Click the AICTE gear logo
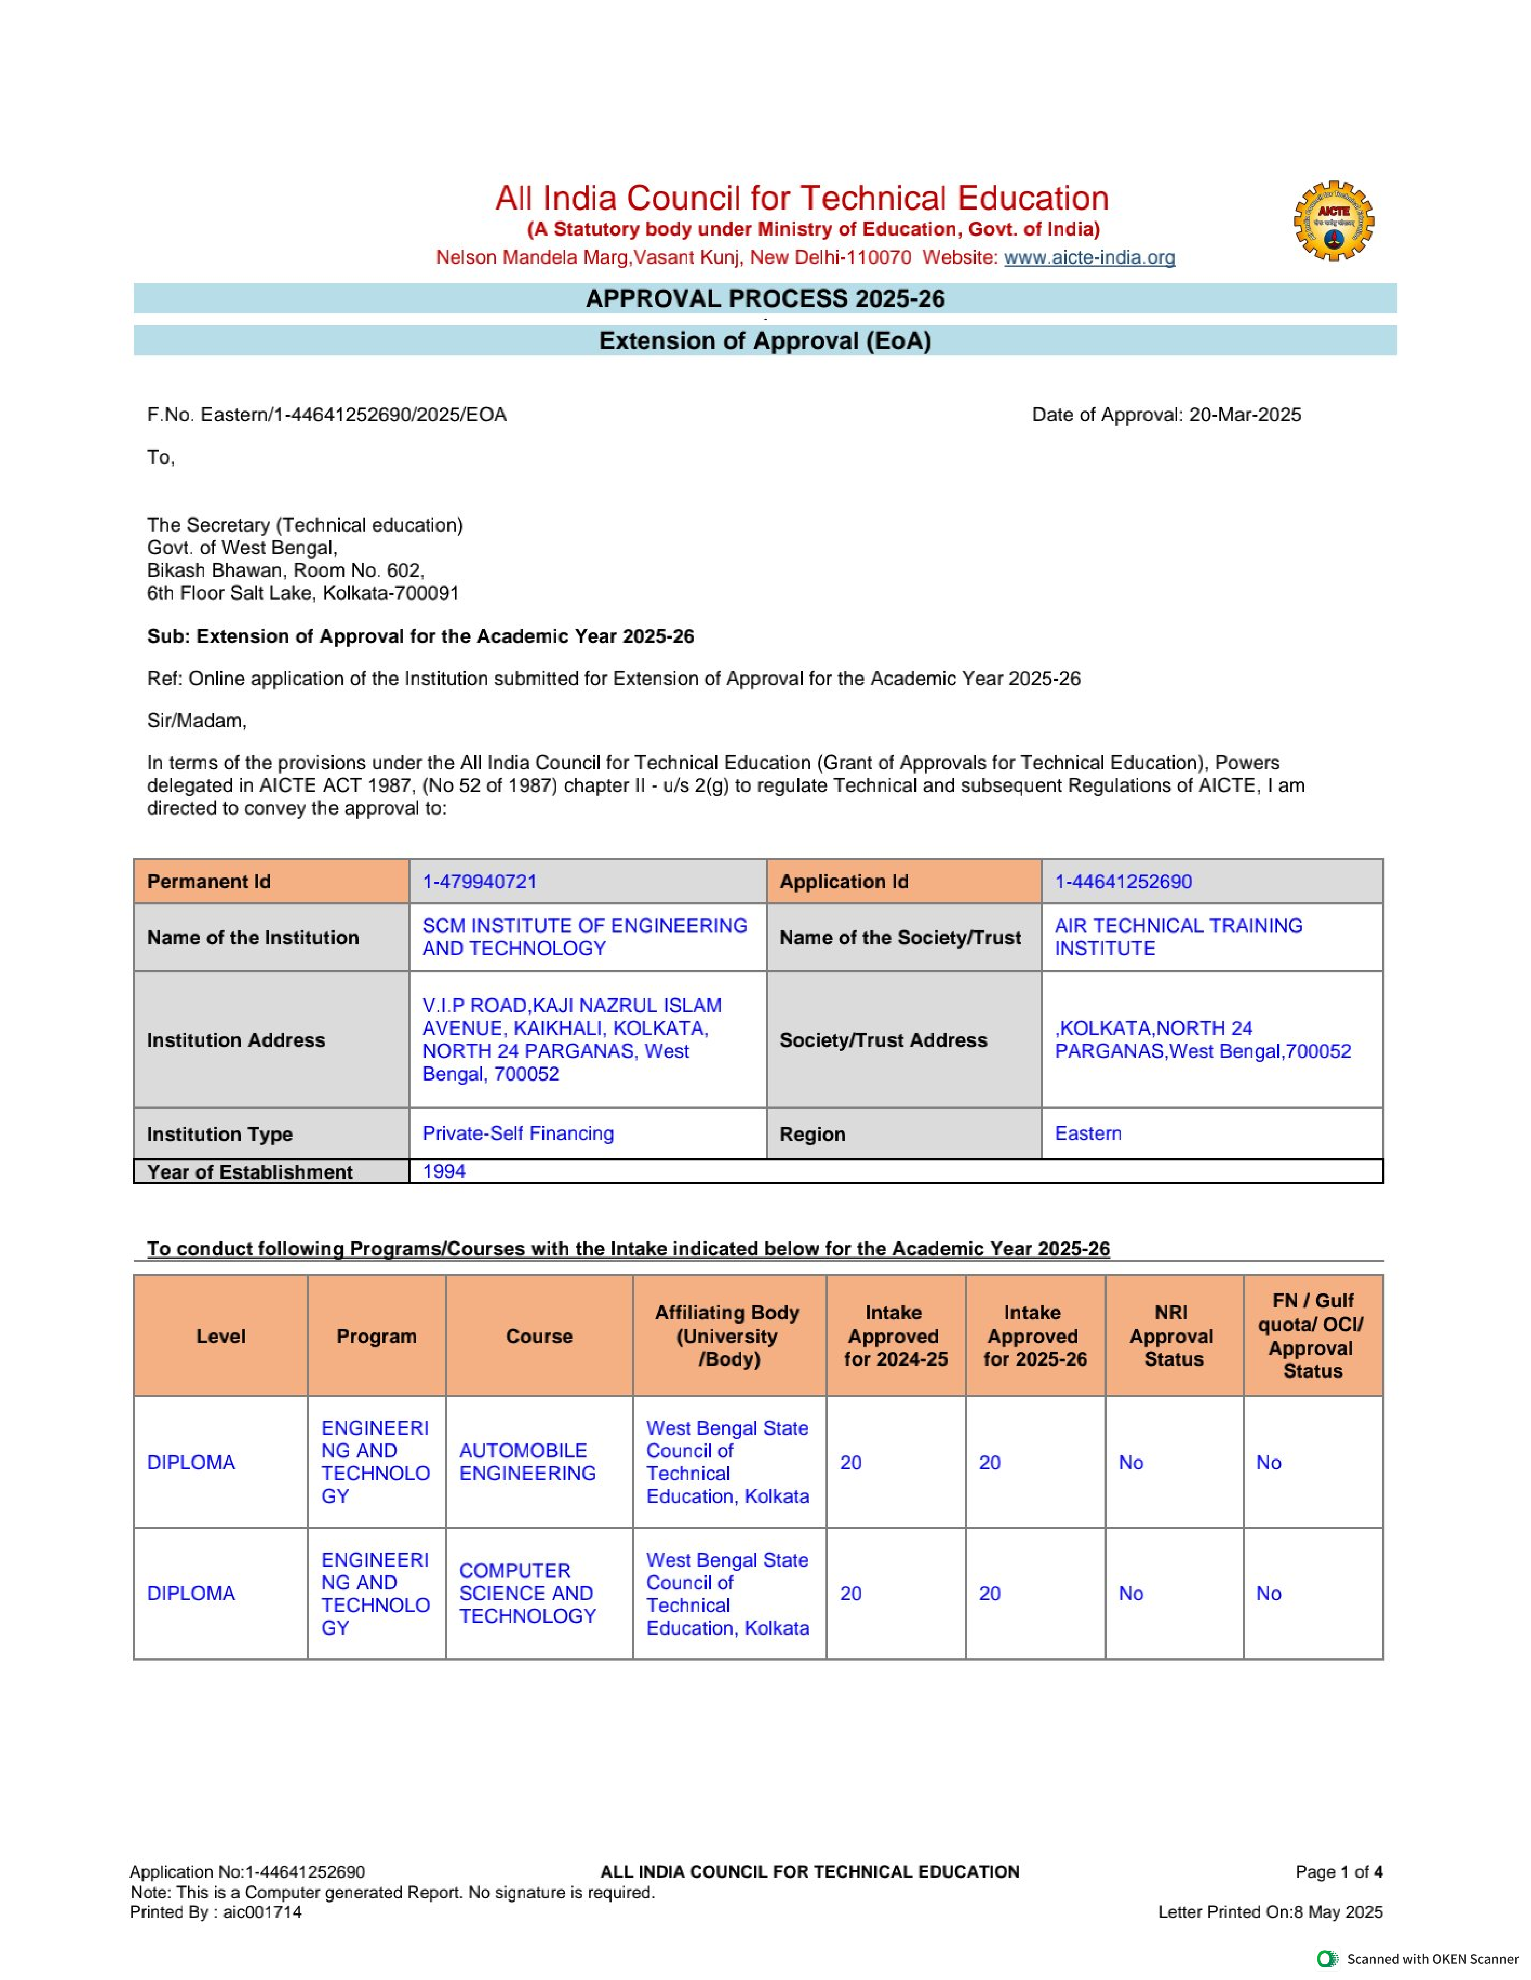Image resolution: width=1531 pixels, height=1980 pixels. coord(1332,221)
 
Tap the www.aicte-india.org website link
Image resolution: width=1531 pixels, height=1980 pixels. coord(1089,258)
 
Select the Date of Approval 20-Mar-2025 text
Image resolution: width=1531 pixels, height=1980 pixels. coord(1166,415)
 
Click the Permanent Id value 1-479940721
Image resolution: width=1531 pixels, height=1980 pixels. coord(480,881)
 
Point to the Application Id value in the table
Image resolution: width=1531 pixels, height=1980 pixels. coord(1123,881)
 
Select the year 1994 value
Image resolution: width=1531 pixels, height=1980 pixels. coord(443,1171)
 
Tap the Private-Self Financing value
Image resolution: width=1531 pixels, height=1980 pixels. coord(518,1133)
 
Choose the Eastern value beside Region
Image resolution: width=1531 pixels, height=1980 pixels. coord(1088,1133)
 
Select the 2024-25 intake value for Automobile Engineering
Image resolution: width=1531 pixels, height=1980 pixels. coord(851,1462)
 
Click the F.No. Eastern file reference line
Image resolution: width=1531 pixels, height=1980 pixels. coord(326,415)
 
